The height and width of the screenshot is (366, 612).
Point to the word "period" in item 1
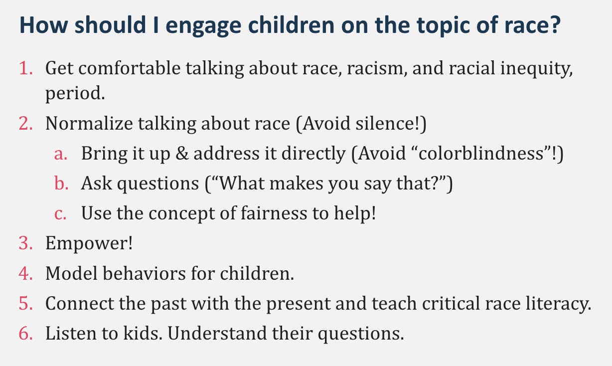73,94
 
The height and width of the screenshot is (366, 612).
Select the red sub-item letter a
60,154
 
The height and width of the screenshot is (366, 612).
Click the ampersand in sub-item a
182,154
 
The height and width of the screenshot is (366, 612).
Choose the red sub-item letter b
60,184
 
